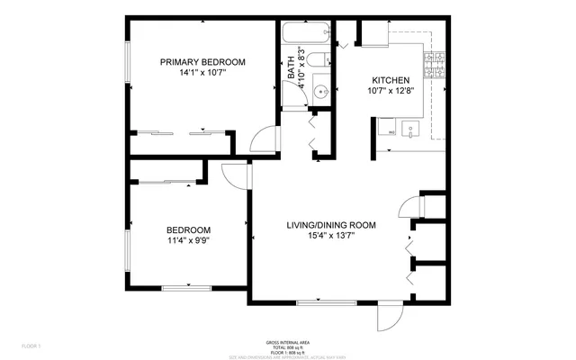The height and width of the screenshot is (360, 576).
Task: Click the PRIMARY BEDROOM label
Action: coord(202,61)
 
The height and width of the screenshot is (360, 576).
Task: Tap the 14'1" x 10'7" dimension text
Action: coord(202,74)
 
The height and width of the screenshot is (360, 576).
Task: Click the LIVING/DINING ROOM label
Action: coord(330,224)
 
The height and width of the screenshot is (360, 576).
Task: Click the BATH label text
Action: coord(291,68)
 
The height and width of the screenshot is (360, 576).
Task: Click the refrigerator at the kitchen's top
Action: coord(373,32)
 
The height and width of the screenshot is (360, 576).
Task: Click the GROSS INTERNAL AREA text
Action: coord(288,342)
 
